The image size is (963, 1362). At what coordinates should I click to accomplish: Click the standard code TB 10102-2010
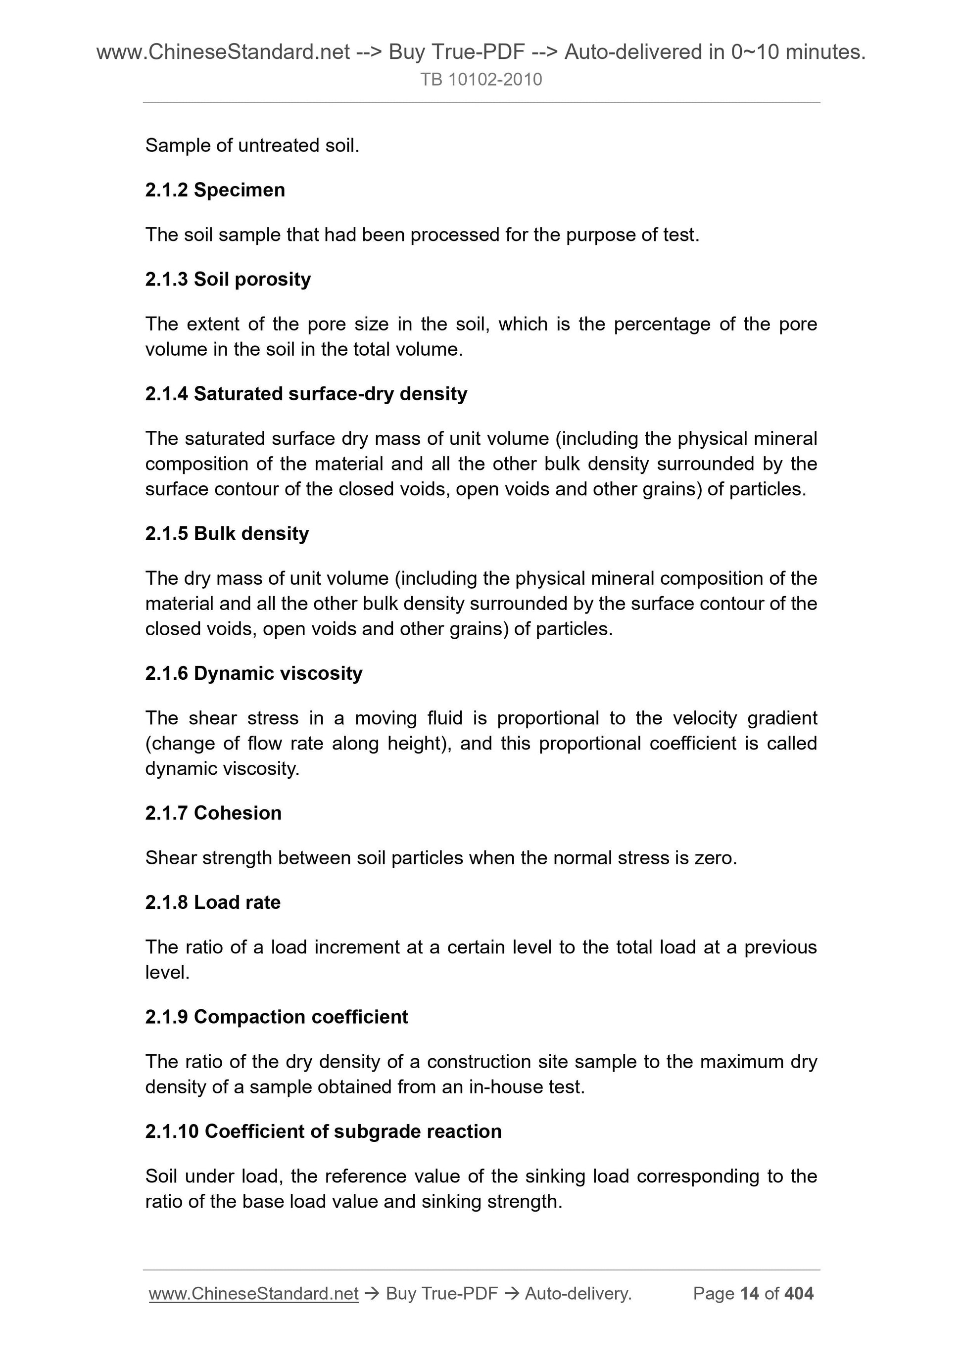[481, 80]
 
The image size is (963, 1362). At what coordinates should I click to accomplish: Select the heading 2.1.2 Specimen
[215, 190]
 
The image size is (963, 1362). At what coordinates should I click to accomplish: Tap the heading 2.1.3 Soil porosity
[228, 279]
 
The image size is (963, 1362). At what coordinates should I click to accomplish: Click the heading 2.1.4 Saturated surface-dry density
[306, 393]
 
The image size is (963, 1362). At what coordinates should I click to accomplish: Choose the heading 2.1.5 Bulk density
[227, 533]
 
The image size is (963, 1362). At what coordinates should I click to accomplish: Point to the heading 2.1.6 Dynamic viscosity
[253, 673]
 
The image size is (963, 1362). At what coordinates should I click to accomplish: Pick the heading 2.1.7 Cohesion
[213, 813]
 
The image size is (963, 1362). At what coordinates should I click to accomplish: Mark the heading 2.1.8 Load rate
[212, 902]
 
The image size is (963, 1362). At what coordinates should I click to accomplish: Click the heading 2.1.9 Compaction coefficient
[277, 1016]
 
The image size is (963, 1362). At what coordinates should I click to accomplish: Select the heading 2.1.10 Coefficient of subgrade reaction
[323, 1131]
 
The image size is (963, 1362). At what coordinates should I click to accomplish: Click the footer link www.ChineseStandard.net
[253, 1293]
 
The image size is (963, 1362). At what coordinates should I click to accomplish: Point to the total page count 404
[799, 1293]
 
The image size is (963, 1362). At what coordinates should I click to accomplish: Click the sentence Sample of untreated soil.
[252, 145]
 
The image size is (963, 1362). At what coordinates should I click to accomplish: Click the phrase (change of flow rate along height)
[298, 743]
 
